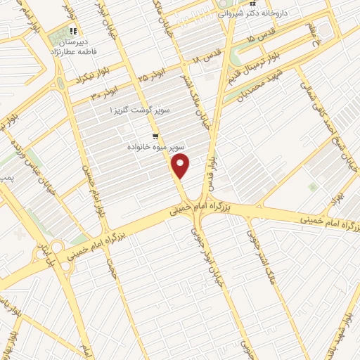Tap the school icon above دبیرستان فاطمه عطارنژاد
click(73, 32)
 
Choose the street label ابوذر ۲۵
click(152, 72)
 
